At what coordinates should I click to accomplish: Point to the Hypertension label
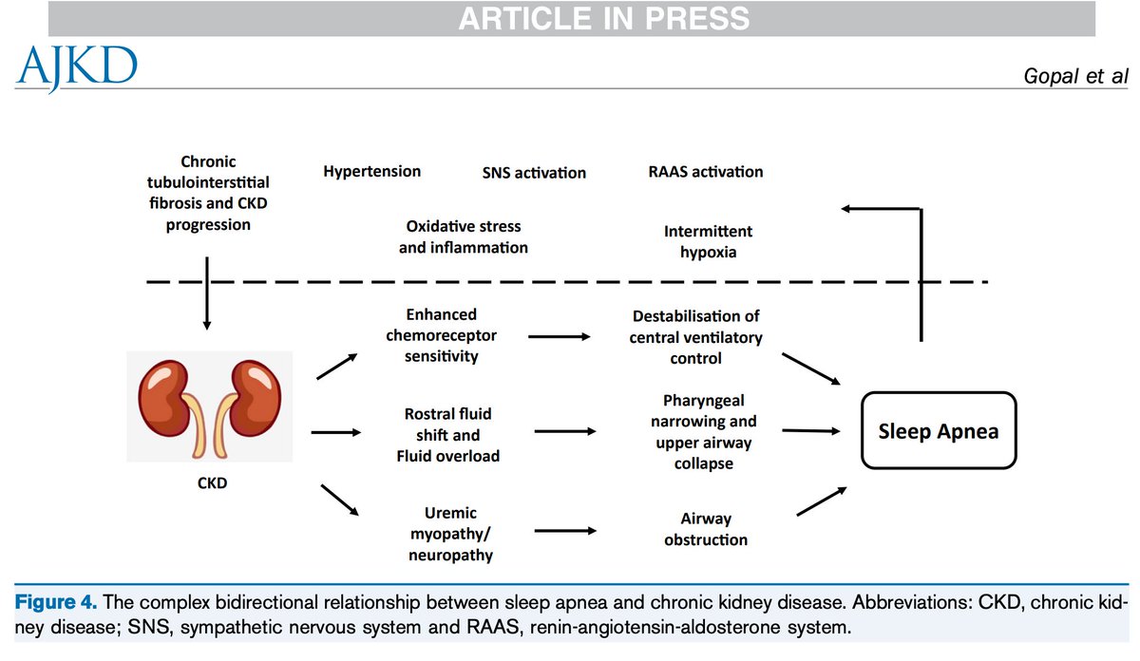point(371,172)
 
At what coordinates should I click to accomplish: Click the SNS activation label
point(534,173)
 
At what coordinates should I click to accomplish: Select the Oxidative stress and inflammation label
point(464,237)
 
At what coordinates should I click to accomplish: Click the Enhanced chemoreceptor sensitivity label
point(440,335)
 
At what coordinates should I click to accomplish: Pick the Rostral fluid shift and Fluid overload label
point(448,435)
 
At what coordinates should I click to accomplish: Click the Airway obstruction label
point(706,529)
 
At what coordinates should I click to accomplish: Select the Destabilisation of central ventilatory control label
point(695,337)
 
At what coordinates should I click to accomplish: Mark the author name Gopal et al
point(1075,75)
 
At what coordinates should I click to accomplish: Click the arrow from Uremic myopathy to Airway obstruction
point(566,532)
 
